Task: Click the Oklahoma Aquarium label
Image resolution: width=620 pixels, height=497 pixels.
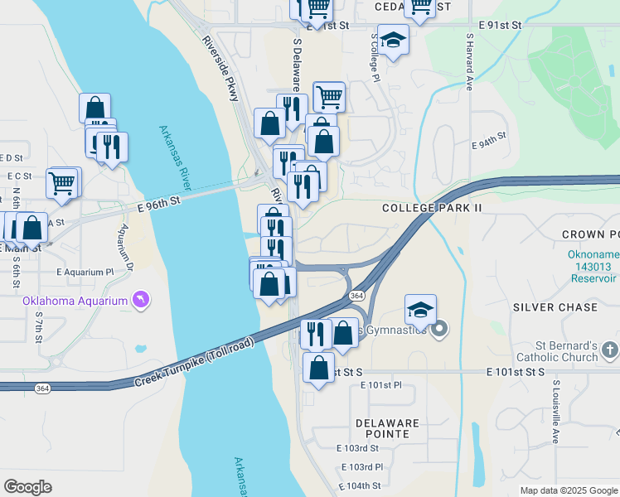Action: click(x=75, y=300)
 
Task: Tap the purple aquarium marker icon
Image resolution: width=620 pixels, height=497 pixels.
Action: click(x=141, y=299)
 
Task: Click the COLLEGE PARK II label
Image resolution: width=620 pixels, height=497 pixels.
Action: click(x=432, y=208)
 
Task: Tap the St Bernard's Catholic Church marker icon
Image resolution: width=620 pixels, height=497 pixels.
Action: click(x=610, y=350)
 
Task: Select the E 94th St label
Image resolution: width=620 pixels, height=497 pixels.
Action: click(x=488, y=144)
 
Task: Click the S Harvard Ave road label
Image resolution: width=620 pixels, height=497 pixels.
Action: click(x=469, y=61)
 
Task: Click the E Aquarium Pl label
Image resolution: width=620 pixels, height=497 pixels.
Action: click(x=85, y=272)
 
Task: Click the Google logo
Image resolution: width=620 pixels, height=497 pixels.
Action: click(x=27, y=487)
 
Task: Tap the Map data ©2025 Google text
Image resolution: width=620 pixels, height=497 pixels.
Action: click(x=568, y=490)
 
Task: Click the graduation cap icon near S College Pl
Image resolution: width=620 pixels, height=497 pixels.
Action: click(x=395, y=40)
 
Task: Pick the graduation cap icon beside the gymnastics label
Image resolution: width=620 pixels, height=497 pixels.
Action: click(x=420, y=310)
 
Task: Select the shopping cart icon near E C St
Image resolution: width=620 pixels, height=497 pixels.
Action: click(x=63, y=181)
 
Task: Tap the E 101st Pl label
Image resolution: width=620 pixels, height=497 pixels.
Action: click(x=381, y=385)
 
